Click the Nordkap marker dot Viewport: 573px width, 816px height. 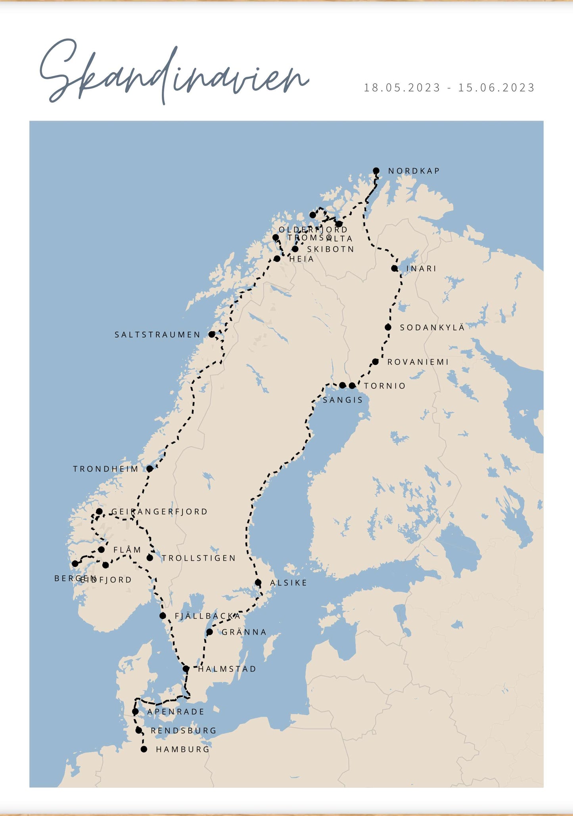point(376,171)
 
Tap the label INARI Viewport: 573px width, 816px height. point(421,269)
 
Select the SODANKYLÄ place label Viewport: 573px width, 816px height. point(432,328)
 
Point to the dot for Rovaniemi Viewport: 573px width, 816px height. point(375,362)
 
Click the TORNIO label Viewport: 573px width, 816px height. point(385,386)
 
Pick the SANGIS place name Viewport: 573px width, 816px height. point(343,400)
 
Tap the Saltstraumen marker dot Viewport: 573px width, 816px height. point(212,334)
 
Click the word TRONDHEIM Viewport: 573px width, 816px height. point(105,469)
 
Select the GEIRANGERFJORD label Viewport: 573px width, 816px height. point(159,512)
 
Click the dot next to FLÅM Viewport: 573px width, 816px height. point(101,550)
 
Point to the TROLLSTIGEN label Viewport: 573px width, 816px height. point(199,558)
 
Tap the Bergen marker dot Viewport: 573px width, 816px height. point(75,564)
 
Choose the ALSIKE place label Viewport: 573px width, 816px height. point(288,583)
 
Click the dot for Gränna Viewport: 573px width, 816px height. point(209,632)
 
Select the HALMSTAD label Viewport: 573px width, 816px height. point(227,669)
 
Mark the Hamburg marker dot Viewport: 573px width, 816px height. point(144,749)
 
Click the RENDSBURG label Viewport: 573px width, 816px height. point(184,730)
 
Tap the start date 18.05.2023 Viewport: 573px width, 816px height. point(402,88)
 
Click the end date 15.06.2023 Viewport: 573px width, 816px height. point(496,88)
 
